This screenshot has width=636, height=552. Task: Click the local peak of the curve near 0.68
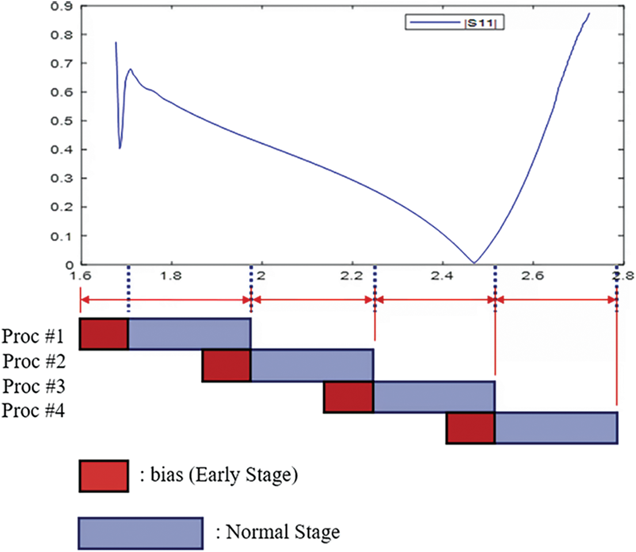(131, 70)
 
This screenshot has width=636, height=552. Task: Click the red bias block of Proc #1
(104, 333)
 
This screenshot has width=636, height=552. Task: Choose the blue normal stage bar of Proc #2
(313, 365)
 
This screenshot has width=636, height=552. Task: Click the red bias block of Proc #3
(348, 397)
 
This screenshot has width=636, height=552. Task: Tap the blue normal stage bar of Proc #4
(556, 428)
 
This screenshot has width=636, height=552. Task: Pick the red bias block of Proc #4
(470, 428)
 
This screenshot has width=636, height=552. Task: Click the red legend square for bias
(104, 476)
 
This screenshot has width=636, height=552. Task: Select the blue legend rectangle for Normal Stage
(140, 533)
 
